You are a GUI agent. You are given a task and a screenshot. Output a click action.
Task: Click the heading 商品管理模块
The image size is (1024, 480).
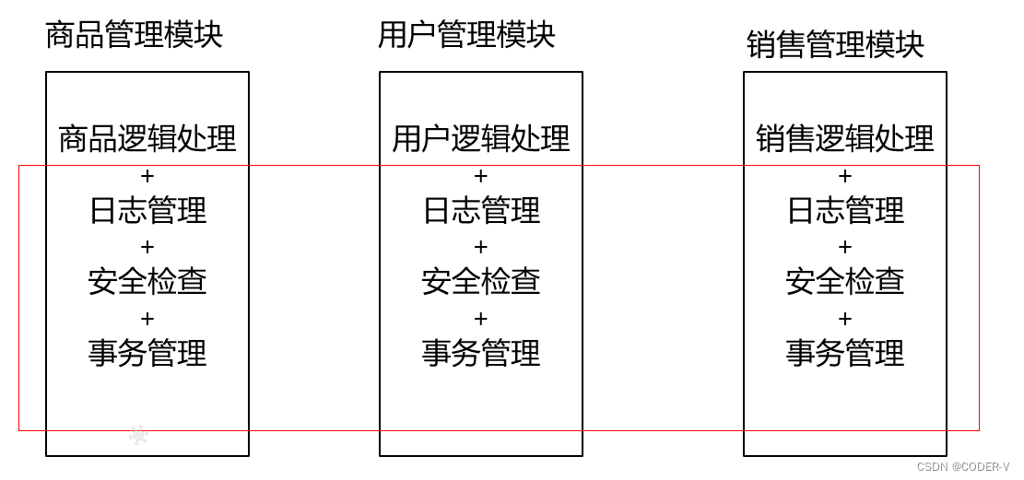tap(135, 35)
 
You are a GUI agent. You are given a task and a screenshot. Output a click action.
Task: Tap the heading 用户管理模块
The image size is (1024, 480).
tap(467, 35)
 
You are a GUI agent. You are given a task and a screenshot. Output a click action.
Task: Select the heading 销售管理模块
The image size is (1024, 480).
tap(835, 44)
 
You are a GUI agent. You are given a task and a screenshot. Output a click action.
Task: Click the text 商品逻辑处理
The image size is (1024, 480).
tap(147, 139)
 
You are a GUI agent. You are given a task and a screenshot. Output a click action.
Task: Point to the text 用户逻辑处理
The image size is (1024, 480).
tap(481, 139)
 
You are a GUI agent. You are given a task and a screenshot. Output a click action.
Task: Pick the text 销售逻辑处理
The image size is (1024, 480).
tap(845, 139)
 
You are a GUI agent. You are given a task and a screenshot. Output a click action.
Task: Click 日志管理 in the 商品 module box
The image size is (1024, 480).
tap(147, 211)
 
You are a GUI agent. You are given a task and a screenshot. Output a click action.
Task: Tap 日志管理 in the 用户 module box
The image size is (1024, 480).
tap(481, 211)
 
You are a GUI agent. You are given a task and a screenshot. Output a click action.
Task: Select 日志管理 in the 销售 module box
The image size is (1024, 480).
tap(845, 211)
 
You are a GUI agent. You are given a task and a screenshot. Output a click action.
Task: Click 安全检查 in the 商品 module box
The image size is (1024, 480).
tap(147, 282)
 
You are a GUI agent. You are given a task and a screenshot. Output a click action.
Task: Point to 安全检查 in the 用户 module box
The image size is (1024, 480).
tap(481, 282)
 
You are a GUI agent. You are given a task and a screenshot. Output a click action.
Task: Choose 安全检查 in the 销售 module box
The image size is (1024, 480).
tap(845, 282)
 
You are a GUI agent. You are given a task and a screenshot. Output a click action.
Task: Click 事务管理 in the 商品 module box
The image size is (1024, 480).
tap(147, 353)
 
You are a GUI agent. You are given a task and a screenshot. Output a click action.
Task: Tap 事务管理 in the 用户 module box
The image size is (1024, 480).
tap(481, 353)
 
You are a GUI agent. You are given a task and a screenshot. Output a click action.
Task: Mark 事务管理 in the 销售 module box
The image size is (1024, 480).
tap(845, 353)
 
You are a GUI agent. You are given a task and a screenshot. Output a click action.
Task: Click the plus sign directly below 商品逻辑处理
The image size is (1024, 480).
tap(147, 176)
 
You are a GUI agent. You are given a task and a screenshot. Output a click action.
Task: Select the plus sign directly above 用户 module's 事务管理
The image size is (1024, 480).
tap(481, 319)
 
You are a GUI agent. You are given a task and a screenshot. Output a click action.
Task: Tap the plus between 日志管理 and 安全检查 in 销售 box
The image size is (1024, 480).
tap(845, 247)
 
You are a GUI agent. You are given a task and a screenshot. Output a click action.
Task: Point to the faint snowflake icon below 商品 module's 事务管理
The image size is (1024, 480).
tap(138, 434)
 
